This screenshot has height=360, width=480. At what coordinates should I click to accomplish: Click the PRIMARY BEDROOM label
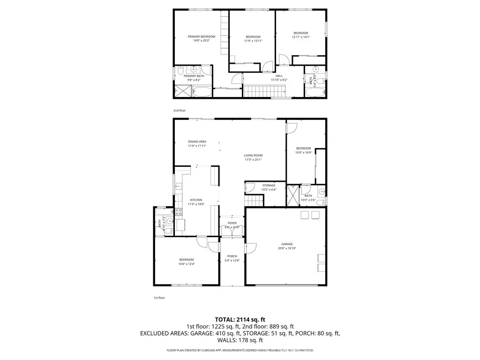(202, 37)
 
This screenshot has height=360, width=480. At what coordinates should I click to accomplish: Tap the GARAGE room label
(287, 244)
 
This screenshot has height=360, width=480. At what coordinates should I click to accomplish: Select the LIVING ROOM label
(253, 156)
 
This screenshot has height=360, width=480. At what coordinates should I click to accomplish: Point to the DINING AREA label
(197, 142)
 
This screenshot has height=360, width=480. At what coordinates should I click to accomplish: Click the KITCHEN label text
(196, 200)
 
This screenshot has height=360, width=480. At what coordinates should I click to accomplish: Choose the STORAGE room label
(269, 186)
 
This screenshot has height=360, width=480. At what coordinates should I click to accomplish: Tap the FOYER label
(232, 223)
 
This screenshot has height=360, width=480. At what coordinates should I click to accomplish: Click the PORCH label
(232, 256)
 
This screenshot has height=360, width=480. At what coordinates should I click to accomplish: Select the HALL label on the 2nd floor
(279, 76)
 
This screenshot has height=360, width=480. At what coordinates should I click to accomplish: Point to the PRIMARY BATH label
(194, 76)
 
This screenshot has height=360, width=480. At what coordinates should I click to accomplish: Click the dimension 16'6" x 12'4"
(186, 264)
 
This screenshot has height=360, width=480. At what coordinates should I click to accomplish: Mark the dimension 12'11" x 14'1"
(301, 37)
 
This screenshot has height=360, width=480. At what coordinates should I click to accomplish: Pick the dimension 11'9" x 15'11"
(253, 41)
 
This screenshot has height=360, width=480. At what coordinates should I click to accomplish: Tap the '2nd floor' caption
(180, 110)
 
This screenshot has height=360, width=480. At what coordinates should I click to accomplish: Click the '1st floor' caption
(159, 298)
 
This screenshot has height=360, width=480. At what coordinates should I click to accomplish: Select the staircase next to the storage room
(255, 201)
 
